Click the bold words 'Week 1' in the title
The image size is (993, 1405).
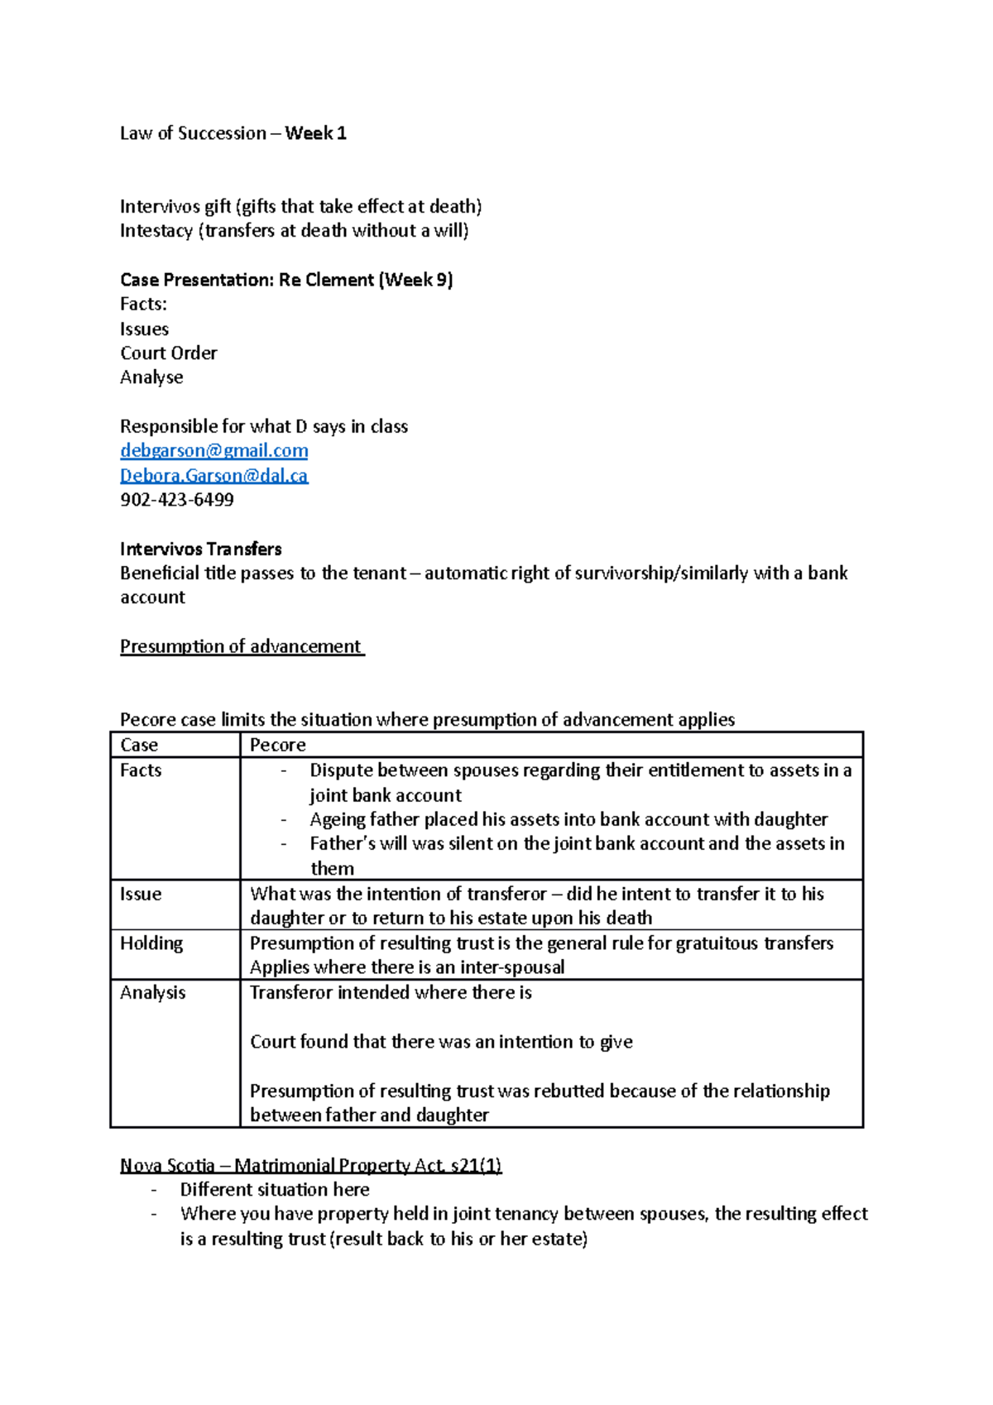315,133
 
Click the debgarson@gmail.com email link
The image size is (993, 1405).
213,450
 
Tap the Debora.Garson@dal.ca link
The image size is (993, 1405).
213,475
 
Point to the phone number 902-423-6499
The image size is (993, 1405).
177,500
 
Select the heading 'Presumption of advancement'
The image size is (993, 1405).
241,646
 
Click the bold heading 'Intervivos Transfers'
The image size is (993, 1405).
200,549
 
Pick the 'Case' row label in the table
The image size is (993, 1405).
139,745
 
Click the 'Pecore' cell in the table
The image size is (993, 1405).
278,745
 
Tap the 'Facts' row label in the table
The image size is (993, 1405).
141,770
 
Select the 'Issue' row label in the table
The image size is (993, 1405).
141,894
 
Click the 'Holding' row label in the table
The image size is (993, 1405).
151,943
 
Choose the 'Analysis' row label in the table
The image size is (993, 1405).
153,992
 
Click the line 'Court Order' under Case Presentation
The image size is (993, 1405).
169,353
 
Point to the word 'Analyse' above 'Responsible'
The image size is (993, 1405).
151,377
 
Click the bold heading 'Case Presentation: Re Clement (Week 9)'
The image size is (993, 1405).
286,280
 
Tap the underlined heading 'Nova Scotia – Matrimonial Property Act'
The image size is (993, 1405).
310,1165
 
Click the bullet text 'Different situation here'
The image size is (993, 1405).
275,1190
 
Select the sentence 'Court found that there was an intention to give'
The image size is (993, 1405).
441,1042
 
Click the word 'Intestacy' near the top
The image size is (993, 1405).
156,231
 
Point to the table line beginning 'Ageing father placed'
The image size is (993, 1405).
568,819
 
